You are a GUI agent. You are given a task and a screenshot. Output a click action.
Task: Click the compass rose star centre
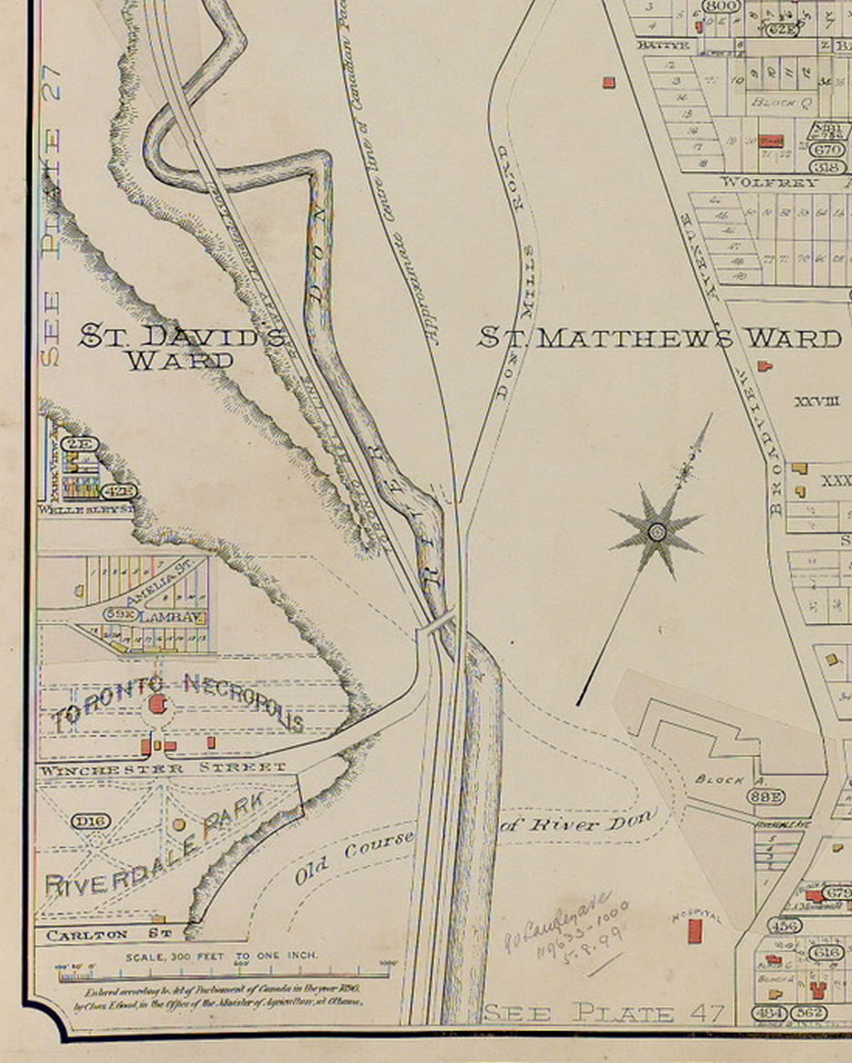click(x=657, y=531)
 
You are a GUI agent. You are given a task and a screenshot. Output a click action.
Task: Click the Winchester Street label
click(x=161, y=769)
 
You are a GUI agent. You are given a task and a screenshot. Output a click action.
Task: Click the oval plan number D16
click(x=91, y=821)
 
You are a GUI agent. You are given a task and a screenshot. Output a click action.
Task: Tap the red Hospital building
click(x=697, y=930)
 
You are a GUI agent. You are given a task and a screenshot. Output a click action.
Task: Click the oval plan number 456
click(x=784, y=926)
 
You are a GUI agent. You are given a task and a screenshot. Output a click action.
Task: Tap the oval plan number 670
click(x=827, y=149)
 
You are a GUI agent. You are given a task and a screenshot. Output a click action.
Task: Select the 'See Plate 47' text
click(x=604, y=1012)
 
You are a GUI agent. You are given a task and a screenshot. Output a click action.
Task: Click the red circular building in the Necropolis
click(x=157, y=704)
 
